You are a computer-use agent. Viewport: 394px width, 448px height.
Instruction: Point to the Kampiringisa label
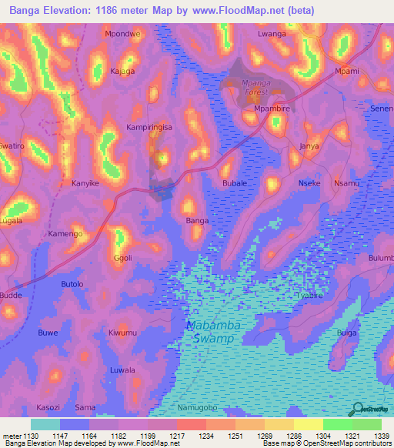pyautogui.click(x=149, y=125)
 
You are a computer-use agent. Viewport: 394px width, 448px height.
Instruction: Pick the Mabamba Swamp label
pyautogui.click(x=214, y=332)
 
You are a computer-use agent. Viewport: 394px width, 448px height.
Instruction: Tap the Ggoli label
pyautogui.click(x=123, y=258)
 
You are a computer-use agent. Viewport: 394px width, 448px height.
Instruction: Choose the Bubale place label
pyautogui.click(x=234, y=183)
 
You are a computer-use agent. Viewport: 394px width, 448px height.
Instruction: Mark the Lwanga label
pyautogui.click(x=272, y=35)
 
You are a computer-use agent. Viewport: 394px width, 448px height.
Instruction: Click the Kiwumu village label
pyautogui.click(x=123, y=333)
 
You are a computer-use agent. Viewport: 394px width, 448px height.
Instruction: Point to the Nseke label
pyautogui.click(x=309, y=183)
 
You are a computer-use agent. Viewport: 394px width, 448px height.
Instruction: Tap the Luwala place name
pyautogui.click(x=123, y=370)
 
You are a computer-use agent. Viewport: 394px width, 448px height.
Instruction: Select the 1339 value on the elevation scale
pyautogui.click(x=382, y=436)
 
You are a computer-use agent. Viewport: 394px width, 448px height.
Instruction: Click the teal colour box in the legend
pyautogui.click(x=45, y=424)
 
